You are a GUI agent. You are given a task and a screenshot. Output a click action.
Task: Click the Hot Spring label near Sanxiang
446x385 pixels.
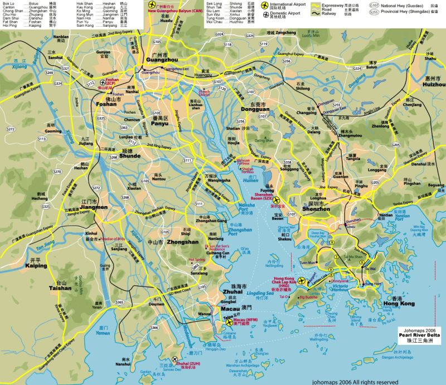coord(197,259)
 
